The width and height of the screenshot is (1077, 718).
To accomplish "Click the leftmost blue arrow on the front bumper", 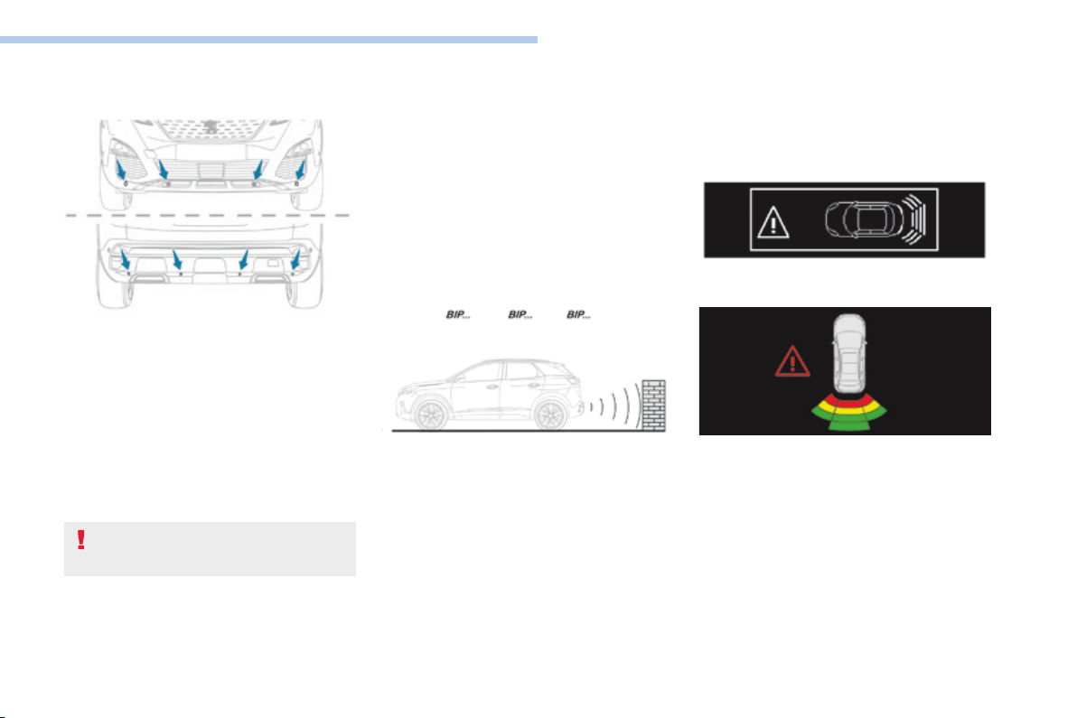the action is click(x=121, y=170).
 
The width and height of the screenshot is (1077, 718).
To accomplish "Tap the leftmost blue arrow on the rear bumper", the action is click(x=125, y=259).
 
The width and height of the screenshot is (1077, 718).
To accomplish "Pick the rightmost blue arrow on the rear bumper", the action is click(x=296, y=259).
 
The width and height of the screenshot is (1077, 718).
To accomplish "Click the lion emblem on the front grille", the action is click(x=211, y=127).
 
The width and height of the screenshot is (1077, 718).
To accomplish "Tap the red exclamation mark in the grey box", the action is click(x=81, y=540).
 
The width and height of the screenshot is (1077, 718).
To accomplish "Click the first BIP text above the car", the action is click(x=458, y=314).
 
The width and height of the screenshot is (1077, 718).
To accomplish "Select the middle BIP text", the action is click(x=520, y=314).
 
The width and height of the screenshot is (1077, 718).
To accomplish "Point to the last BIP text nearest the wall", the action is click(x=578, y=314).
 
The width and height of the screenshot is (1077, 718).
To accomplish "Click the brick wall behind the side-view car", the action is click(x=654, y=405).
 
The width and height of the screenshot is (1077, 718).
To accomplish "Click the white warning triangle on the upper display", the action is click(x=773, y=222).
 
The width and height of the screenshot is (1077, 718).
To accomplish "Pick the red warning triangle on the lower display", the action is click(x=792, y=362).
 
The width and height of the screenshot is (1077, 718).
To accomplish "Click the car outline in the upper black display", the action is click(x=864, y=219).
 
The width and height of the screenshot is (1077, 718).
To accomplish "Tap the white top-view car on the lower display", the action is click(x=849, y=353).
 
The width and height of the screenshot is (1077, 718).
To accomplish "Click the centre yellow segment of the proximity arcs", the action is click(x=849, y=410).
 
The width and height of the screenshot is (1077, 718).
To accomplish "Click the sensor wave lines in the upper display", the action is click(x=914, y=219).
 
